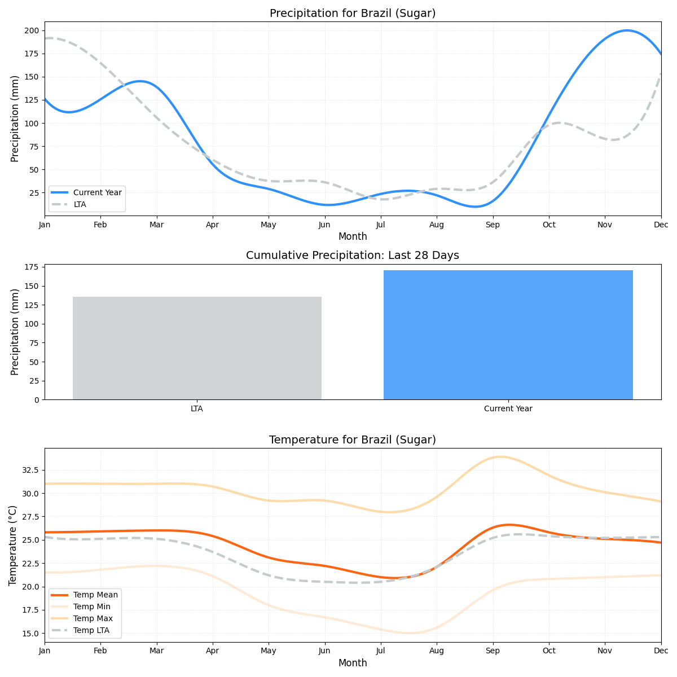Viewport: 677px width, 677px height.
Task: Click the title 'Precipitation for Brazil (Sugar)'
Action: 353,14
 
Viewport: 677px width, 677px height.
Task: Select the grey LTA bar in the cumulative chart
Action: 197,348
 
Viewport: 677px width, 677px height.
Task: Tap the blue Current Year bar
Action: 508,335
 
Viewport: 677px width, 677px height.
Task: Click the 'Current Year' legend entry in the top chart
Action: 97,192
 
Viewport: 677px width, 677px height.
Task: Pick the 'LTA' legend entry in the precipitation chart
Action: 80,204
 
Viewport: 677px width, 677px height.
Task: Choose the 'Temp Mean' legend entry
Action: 95,595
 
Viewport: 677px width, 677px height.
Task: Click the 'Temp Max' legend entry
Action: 93,618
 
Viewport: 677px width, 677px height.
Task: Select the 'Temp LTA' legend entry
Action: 91,630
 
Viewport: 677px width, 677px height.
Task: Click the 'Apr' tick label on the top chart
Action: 213,225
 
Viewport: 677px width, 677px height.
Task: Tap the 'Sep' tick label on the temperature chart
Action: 493,651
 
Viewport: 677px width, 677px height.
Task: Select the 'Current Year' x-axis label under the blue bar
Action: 508,408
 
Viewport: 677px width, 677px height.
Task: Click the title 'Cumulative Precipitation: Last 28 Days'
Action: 353,256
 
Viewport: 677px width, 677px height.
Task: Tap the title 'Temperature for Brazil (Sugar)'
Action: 353,440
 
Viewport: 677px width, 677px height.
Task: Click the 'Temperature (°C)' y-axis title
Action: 13,545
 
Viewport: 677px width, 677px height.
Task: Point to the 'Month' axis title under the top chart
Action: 353,236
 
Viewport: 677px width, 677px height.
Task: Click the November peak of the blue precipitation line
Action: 627,30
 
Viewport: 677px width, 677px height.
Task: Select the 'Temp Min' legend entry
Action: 91,606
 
